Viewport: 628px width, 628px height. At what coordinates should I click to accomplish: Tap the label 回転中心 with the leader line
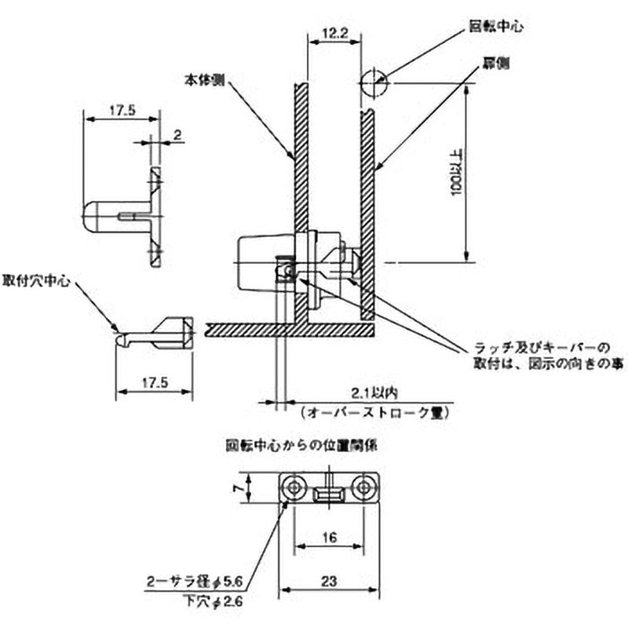[x=496, y=26]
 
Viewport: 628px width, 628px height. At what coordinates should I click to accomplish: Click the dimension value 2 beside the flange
[x=178, y=136]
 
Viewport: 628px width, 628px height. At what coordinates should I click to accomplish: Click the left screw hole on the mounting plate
[x=294, y=488]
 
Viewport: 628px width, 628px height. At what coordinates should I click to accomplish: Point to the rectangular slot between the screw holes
[x=329, y=494]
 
